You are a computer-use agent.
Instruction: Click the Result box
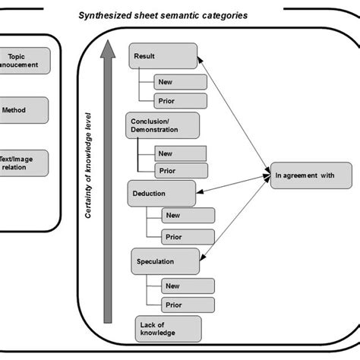tap(163, 56)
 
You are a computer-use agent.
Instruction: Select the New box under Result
tap(181, 82)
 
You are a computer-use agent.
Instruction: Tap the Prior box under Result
tap(181, 101)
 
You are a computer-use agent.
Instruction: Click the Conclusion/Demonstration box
tap(163, 125)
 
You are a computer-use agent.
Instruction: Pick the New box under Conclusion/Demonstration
tap(181, 153)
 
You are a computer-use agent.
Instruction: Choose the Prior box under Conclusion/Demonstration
tap(182, 171)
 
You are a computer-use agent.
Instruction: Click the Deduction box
tap(162, 194)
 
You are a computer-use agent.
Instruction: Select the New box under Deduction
tap(188, 216)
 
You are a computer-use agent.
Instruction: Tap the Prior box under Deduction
tap(188, 237)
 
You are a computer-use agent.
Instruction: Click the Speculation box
tap(166, 261)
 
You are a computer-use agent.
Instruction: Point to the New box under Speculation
tap(188, 286)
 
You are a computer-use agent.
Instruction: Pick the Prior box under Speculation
tap(188, 305)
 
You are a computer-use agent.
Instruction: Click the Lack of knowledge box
tap(169, 329)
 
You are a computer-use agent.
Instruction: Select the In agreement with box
tap(311, 175)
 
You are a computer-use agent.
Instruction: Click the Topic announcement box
tap(25, 61)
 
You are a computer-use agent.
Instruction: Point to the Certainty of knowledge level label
tap(88, 166)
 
